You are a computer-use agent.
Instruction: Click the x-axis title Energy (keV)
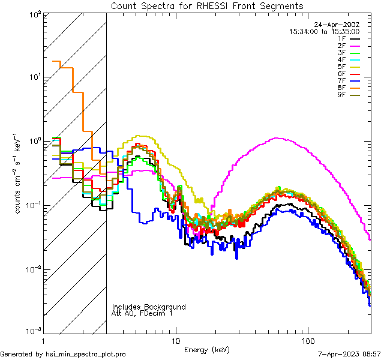click(x=207, y=349)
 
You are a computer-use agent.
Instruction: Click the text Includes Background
click(x=148, y=307)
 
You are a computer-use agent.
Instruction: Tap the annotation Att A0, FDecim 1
click(x=142, y=313)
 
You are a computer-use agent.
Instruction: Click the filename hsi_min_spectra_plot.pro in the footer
click(x=86, y=355)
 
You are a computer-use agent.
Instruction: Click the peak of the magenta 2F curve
click(x=276, y=138)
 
